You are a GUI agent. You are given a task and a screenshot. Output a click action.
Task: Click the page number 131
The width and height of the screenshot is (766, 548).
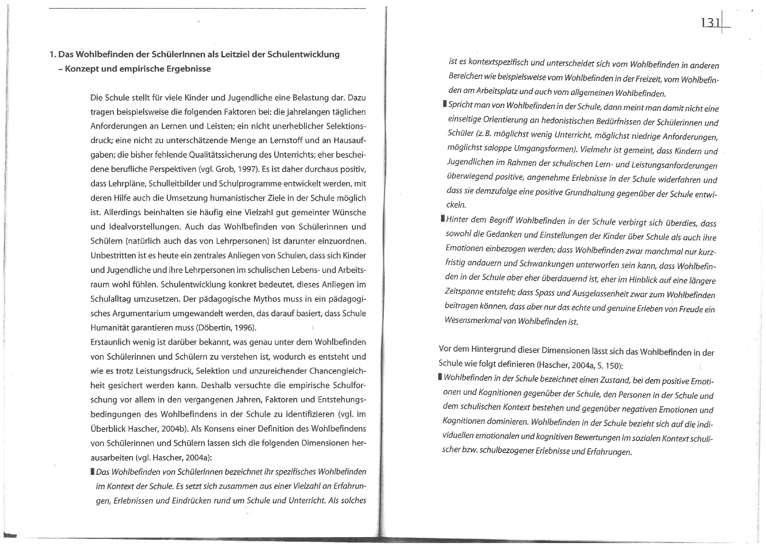tap(710, 22)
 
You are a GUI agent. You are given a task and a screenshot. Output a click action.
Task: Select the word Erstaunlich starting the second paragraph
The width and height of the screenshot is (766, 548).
tap(110, 342)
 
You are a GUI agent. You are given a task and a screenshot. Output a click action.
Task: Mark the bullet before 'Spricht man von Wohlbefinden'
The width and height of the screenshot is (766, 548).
tap(445, 105)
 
